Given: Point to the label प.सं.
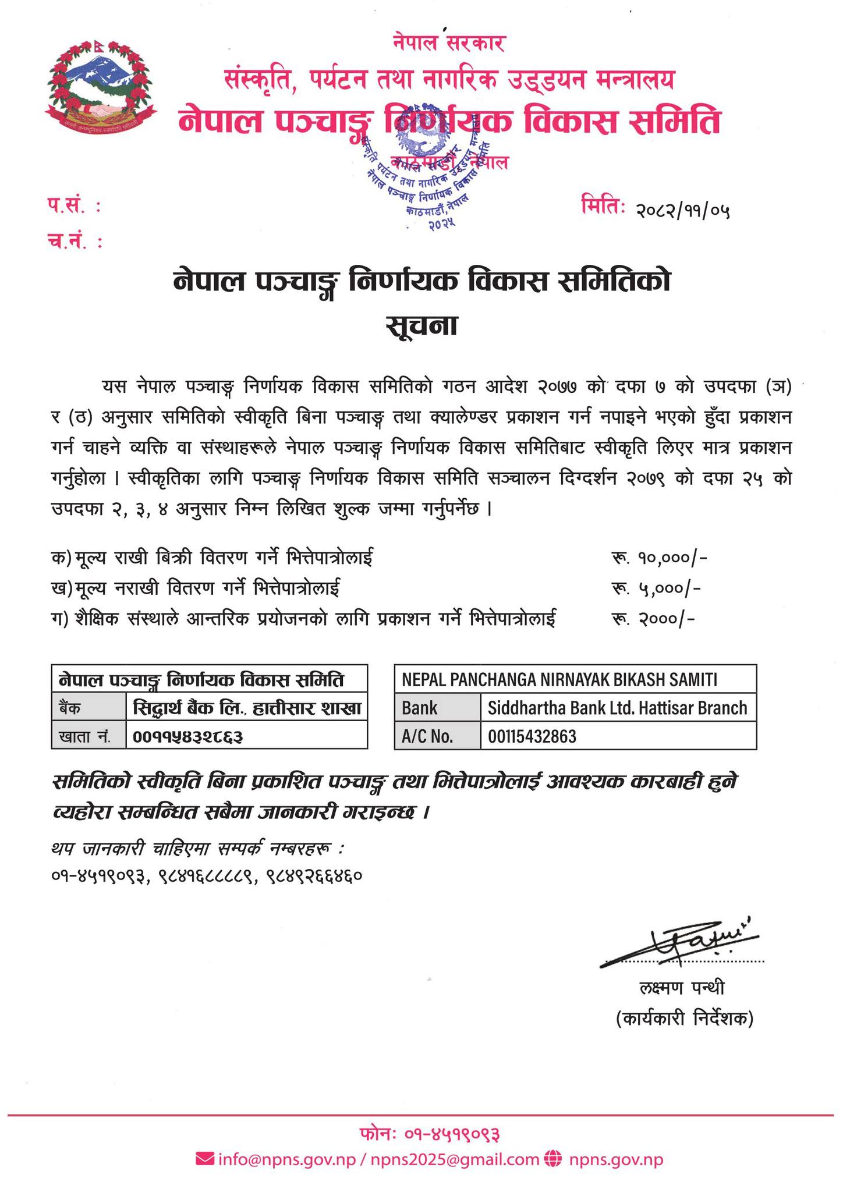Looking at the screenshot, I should [73, 205].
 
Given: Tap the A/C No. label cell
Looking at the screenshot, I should [427, 737].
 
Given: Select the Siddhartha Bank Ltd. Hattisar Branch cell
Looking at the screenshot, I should [617, 708].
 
